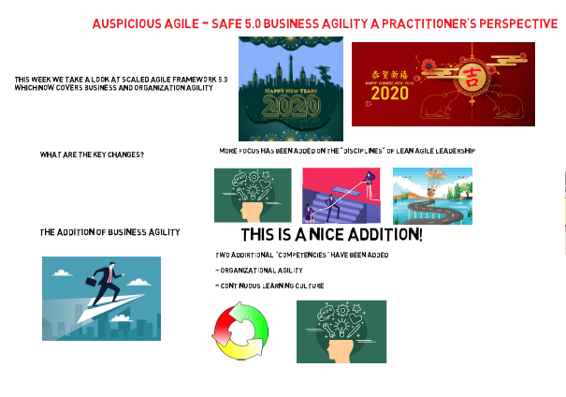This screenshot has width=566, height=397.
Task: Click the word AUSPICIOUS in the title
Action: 124,23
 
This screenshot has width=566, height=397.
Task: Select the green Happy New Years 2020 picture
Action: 291,88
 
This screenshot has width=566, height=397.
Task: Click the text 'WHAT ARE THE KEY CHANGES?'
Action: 92,154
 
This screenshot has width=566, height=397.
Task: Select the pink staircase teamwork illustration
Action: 341,196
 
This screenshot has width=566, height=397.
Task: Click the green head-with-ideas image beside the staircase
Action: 253,196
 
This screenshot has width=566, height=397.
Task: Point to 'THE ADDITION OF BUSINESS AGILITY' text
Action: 109,231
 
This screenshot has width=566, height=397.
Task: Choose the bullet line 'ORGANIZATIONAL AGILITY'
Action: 259,270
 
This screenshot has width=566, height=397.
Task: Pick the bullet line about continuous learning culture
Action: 269,285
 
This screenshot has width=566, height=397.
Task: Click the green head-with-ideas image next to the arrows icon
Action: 341,331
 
